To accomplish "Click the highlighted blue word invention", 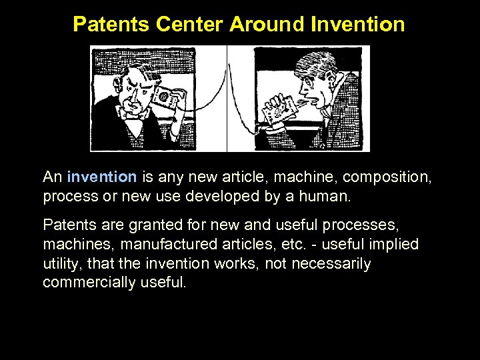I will pos(102,177).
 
